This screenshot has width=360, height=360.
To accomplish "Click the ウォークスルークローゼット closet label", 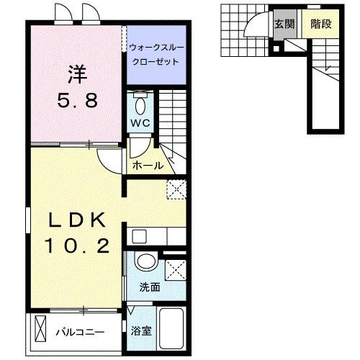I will pos(154,55).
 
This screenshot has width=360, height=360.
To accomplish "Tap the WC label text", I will pos(140,122).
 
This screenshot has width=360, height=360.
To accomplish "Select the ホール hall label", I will pos(148,166).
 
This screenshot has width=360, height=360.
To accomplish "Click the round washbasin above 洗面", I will pos(147,262).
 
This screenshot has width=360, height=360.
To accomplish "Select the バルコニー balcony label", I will pos(81,332).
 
